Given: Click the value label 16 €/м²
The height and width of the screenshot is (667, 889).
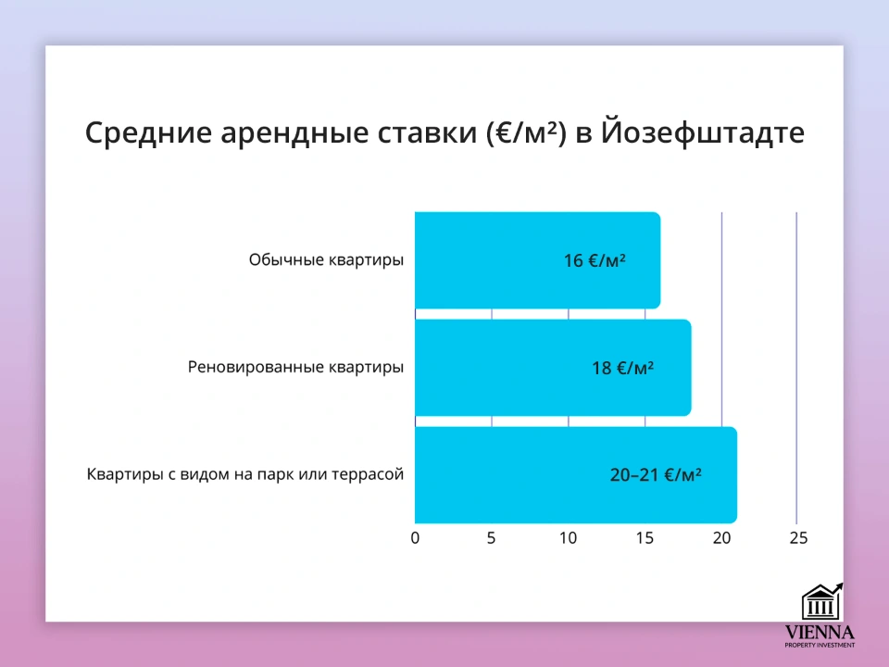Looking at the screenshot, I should pyautogui.click(x=595, y=261).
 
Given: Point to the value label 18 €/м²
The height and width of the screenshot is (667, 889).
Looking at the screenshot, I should pyautogui.click(x=622, y=368).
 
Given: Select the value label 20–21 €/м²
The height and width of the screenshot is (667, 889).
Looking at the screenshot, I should pyautogui.click(x=655, y=475).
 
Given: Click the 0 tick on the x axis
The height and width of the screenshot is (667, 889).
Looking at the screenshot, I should pyautogui.click(x=415, y=538).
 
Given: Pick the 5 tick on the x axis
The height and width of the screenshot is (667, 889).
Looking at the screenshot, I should pyautogui.click(x=492, y=538).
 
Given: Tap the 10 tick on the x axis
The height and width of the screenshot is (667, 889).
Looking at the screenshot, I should pyautogui.click(x=568, y=538).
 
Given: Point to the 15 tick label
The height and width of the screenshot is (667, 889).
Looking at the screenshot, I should pyautogui.click(x=645, y=538).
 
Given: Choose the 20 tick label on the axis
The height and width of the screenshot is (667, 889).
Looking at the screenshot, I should pyautogui.click(x=721, y=538).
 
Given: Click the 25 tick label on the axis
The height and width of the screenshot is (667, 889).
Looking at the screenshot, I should pyautogui.click(x=797, y=538).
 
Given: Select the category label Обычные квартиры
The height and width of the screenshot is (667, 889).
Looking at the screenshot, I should pyautogui.click(x=326, y=260).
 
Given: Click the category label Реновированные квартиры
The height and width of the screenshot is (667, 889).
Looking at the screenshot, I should pyautogui.click(x=295, y=367).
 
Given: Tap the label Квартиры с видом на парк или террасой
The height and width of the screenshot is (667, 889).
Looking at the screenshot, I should pyautogui.click(x=245, y=474).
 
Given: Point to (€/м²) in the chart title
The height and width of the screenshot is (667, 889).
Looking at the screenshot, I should pyautogui.click(x=521, y=132).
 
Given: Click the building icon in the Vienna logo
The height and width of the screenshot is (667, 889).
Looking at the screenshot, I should pyautogui.click(x=820, y=603).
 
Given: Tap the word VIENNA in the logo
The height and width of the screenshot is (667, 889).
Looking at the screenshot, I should pyautogui.click(x=820, y=633).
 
